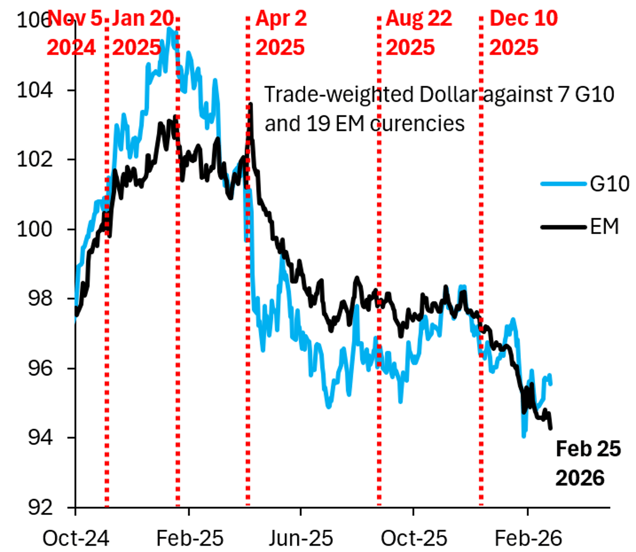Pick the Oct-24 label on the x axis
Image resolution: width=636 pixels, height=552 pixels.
[x=76, y=538]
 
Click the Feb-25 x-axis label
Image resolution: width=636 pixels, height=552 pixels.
[x=189, y=538]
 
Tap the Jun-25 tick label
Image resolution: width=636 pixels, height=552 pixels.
[x=301, y=538]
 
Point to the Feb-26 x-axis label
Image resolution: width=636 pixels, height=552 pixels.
[x=528, y=538]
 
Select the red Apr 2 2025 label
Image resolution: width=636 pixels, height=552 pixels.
[x=280, y=33]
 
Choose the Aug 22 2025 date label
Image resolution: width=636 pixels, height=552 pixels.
[x=418, y=33]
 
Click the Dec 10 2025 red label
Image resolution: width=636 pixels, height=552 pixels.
[x=523, y=33]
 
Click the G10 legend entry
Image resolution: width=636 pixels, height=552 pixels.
[x=609, y=184]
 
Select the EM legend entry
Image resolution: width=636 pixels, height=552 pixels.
[x=604, y=227]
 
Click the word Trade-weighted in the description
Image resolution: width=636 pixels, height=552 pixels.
[x=339, y=95]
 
